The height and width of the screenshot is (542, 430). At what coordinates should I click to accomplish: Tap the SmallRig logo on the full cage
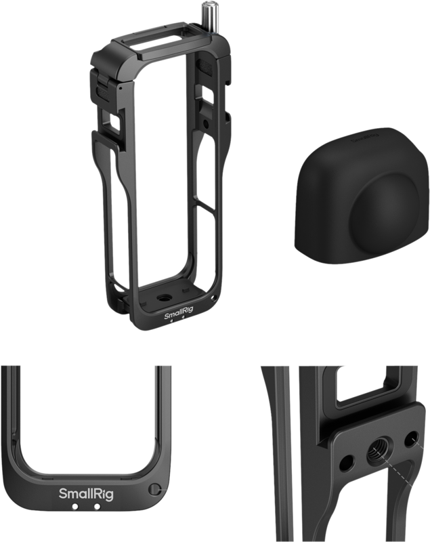(x=177, y=314)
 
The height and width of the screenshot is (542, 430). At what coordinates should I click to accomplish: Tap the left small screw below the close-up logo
(x=75, y=507)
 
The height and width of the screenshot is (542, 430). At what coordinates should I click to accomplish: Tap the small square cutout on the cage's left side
(x=114, y=122)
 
